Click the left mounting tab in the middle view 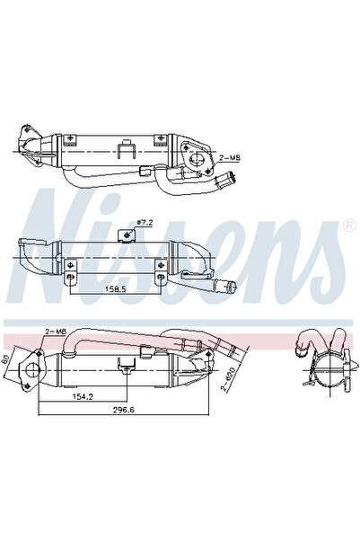[69, 278]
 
